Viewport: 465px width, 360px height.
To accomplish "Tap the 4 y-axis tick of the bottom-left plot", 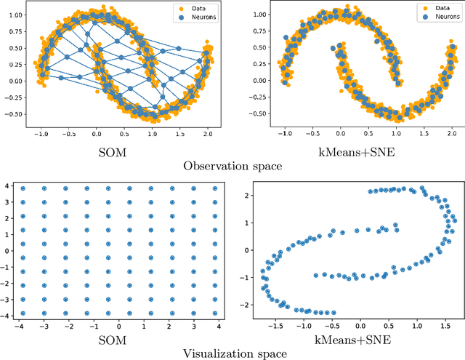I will (x=7, y=188).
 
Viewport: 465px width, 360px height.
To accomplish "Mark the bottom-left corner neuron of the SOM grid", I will (x=23, y=313).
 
